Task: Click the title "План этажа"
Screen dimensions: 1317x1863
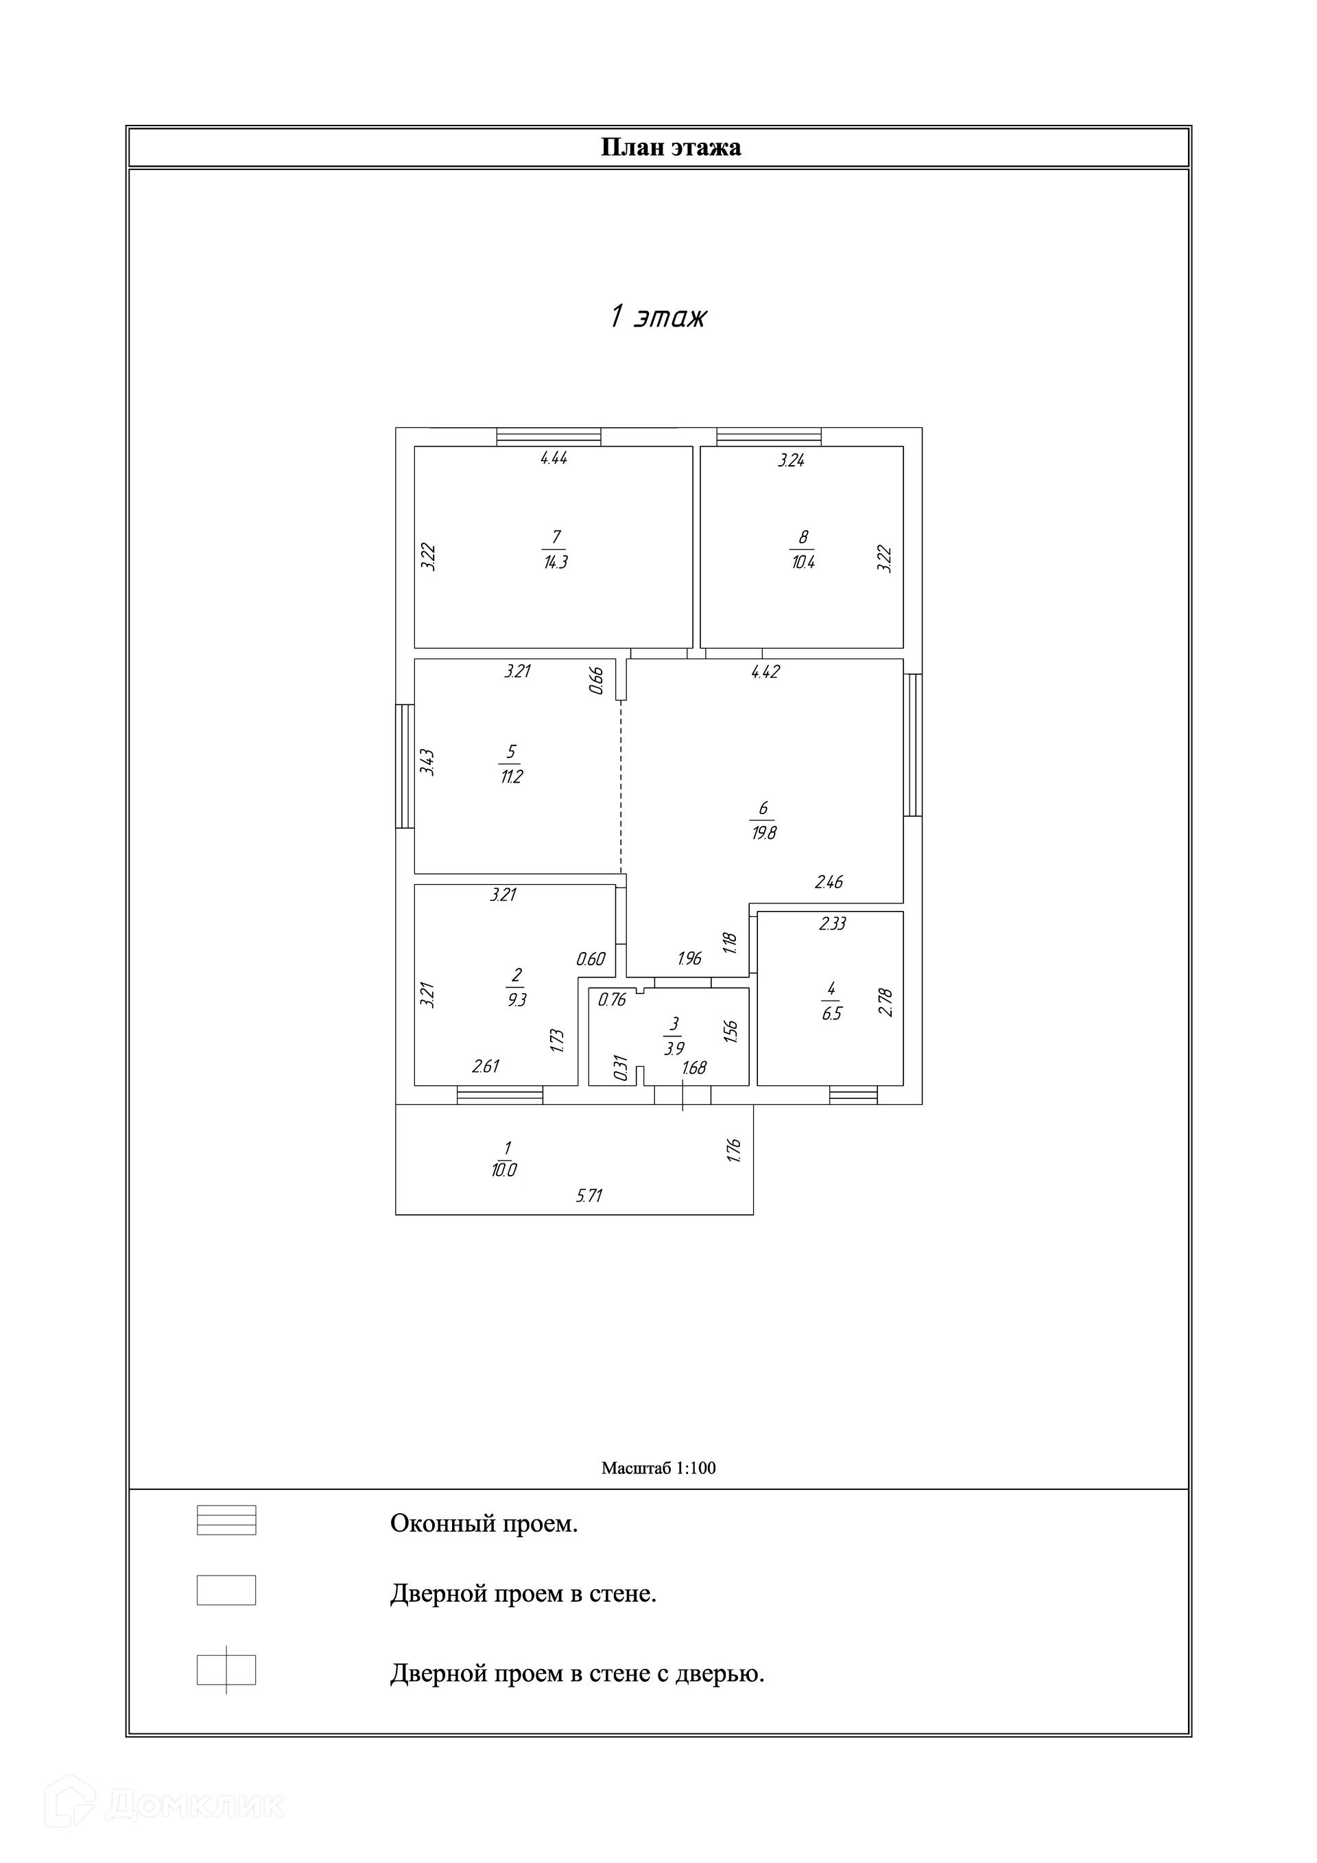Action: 670,147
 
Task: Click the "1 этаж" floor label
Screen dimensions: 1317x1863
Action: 657,316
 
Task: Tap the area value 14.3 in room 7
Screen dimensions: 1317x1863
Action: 556,562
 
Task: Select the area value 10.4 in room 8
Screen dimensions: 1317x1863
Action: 803,562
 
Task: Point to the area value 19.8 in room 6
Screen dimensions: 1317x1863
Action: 763,833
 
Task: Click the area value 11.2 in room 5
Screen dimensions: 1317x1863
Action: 511,776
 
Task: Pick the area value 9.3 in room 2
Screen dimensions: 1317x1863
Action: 516,999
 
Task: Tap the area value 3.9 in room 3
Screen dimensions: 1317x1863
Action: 674,1048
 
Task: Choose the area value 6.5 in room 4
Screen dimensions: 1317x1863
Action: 832,1013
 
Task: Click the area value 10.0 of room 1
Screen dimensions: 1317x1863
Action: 504,1170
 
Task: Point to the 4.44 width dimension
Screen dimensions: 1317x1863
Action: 554,458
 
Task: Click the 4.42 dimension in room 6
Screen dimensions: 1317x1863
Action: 766,672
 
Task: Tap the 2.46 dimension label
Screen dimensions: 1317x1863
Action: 829,882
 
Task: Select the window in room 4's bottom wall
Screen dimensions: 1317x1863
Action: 853,1095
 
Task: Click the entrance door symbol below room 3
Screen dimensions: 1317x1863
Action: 683,1095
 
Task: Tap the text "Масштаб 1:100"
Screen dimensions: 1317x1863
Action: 658,1468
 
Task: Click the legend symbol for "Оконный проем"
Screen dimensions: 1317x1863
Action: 226,1520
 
